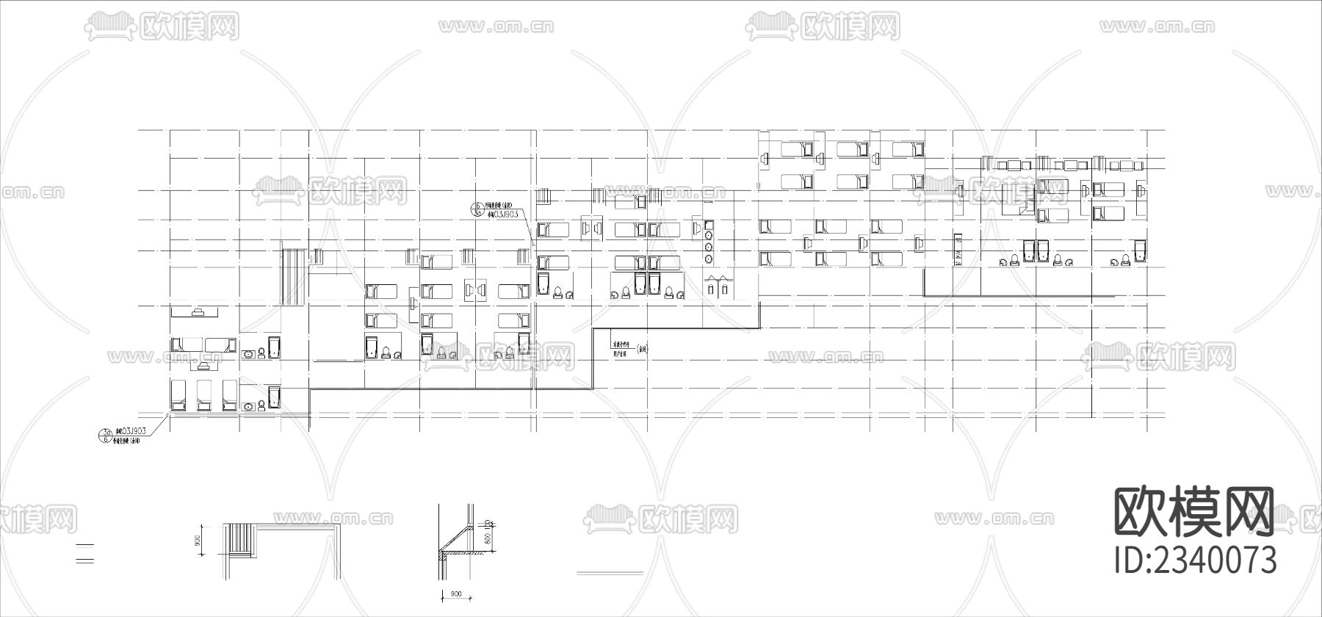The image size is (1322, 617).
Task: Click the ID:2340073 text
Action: (1196, 560)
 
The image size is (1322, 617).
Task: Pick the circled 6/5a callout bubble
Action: (476, 210)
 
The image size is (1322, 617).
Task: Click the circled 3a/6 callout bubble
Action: (104, 435)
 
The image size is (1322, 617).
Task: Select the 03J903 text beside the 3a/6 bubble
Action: (130, 430)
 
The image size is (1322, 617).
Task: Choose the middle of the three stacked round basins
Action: (709, 247)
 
